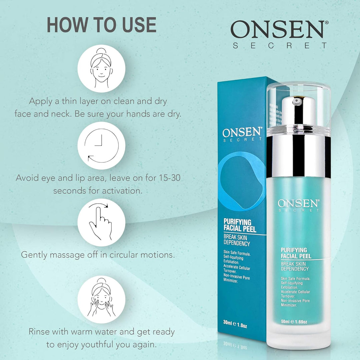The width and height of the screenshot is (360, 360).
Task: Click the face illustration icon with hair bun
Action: tap(101, 68)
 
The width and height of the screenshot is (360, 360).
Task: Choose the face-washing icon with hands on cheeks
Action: tap(101, 296)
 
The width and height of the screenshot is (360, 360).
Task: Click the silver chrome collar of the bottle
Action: tap(298, 157)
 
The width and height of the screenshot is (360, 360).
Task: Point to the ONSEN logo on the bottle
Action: tap(298, 204)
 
